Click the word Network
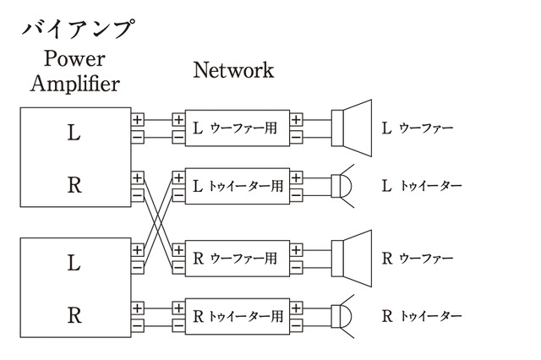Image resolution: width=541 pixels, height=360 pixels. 233,70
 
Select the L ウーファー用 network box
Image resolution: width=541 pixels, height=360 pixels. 237,128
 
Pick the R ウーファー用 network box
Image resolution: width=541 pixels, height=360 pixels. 237,259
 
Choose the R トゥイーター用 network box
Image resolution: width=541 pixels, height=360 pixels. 237,316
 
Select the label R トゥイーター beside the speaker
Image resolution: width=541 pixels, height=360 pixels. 422,317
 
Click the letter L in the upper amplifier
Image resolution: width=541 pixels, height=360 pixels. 74,133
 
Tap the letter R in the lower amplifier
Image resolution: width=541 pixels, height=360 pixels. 74,315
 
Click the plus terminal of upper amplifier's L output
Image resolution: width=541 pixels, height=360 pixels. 138,120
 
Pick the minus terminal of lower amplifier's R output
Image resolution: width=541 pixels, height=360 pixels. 138,324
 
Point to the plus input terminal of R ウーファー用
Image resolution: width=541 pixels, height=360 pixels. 178,250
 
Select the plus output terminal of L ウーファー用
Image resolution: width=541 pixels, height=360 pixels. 296,120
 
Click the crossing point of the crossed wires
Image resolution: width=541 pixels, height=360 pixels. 158,221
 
